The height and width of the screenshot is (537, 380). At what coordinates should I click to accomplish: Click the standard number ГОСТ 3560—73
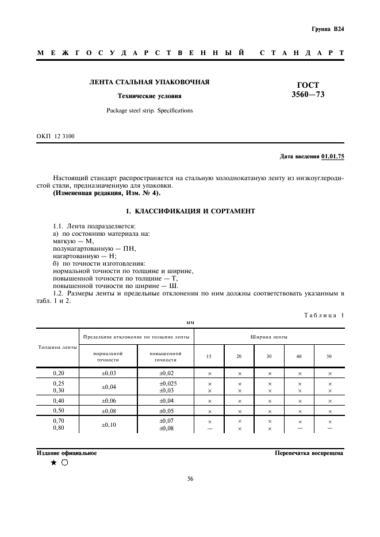(308, 89)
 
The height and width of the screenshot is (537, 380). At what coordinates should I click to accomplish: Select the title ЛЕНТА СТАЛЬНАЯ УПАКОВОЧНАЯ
(149, 82)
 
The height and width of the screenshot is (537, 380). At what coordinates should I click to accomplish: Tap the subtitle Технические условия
(149, 96)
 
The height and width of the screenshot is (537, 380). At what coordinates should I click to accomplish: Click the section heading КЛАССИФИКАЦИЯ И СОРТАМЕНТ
(190, 212)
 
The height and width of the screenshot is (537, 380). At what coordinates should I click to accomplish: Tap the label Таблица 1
(322, 314)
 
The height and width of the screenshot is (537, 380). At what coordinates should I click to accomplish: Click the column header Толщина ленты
(57, 348)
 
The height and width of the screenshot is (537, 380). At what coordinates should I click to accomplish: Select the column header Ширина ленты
(269, 337)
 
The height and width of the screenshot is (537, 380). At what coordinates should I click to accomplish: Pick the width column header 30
(269, 356)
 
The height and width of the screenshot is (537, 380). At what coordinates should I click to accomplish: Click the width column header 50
(329, 356)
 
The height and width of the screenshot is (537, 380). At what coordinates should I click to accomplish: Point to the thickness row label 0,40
(58, 400)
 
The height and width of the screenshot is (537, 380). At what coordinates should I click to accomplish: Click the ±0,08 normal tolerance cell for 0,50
(108, 411)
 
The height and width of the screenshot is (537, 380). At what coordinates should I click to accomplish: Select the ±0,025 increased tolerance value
(166, 383)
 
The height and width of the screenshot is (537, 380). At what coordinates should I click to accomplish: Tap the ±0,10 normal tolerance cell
(108, 425)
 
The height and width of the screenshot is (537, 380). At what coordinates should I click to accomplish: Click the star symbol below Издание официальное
(53, 463)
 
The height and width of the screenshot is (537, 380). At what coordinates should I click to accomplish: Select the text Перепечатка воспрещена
(309, 453)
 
